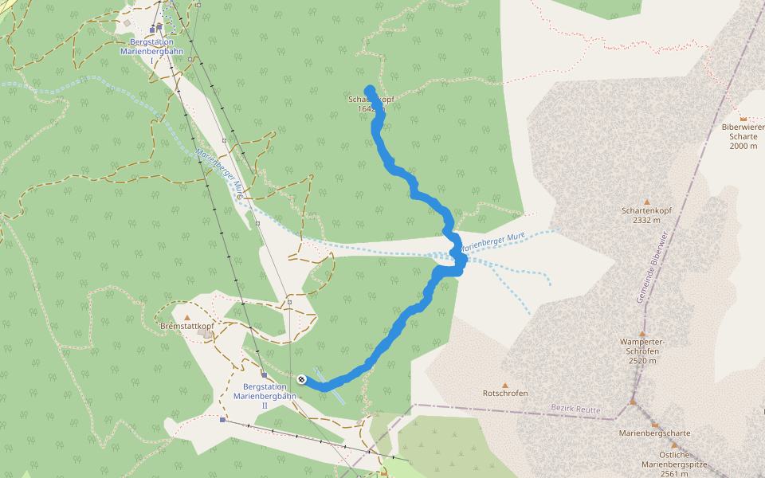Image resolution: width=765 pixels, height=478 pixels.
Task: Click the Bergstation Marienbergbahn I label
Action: [151, 47]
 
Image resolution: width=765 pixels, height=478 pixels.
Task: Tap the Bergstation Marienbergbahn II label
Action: [265, 390]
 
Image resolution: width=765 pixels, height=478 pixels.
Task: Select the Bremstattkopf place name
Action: [188, 327]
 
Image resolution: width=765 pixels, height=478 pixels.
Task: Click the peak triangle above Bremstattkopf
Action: [187, 317]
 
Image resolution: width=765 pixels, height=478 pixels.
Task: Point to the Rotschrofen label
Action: [505, 393]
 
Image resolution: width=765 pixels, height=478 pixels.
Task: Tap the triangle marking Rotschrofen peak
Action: [505, 384]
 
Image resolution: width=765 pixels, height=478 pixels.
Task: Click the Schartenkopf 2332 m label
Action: [646, 215]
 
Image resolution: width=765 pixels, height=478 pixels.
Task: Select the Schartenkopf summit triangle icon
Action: [646, 202]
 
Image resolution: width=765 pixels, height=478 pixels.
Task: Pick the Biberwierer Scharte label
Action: [742, 136]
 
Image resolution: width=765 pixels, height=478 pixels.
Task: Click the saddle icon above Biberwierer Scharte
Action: [743, 119]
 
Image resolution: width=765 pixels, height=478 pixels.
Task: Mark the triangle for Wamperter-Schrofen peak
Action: [641, 334]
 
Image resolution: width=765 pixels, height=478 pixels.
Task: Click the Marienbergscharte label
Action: [654, 433]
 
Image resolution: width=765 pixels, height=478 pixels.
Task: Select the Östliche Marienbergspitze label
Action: [668, 463]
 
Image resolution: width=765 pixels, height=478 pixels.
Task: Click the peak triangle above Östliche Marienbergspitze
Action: [673, 445]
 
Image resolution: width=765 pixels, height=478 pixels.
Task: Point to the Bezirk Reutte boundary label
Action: [576, 409]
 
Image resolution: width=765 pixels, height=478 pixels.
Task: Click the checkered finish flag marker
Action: [302, 379]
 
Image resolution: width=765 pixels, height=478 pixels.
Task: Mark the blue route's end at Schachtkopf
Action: [370, 90]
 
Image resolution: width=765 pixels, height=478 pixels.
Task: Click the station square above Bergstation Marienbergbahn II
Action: [264, 374]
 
